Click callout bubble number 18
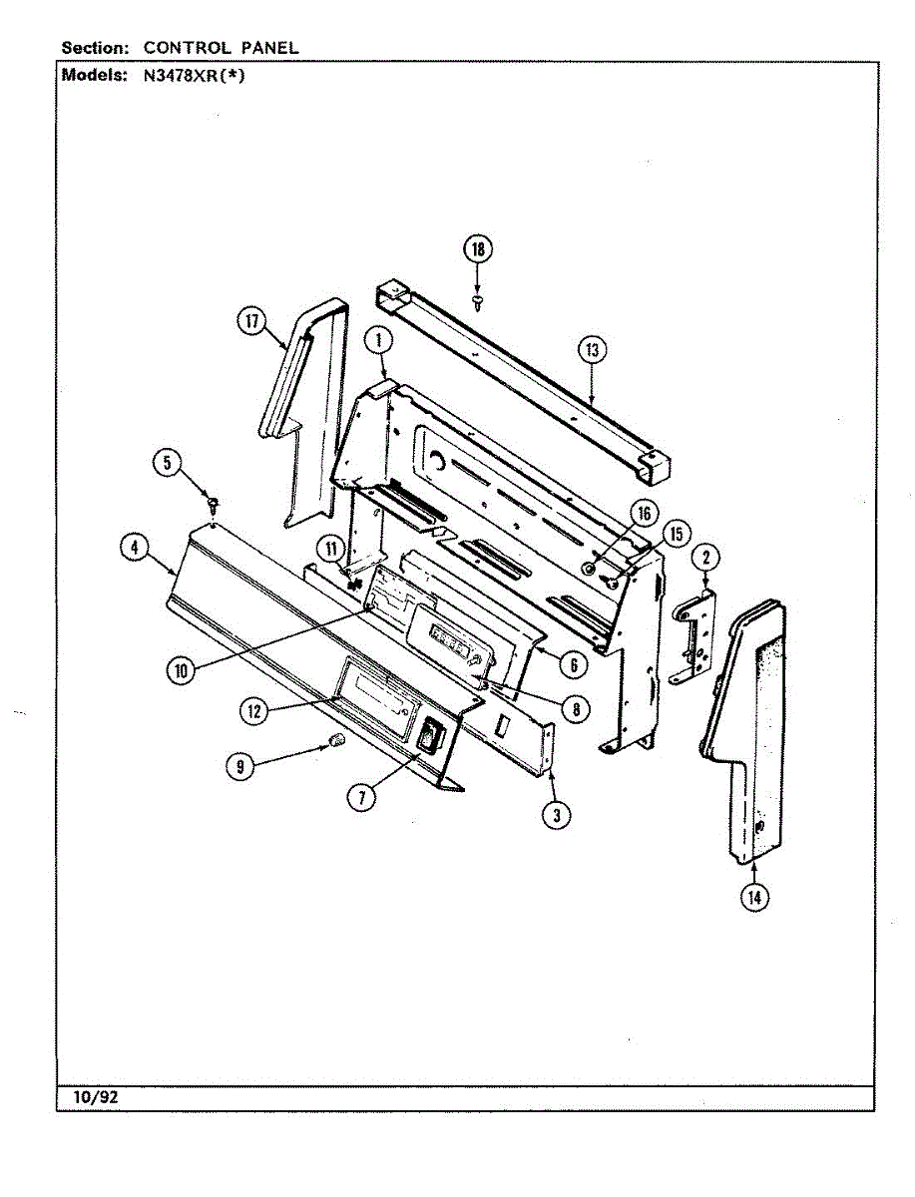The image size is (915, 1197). coord(478,249)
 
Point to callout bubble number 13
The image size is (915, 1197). coord(592,349)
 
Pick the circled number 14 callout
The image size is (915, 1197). coord(754,897)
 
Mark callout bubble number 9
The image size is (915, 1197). coord(239,765)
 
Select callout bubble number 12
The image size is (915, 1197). coord(253,710)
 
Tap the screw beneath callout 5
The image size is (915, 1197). coord(213,503)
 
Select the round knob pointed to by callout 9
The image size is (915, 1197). coord(337,739)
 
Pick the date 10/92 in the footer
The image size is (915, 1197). coord(96,1097)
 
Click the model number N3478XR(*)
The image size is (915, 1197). coord(196,76)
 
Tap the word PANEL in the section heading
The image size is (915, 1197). coord(266,47)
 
